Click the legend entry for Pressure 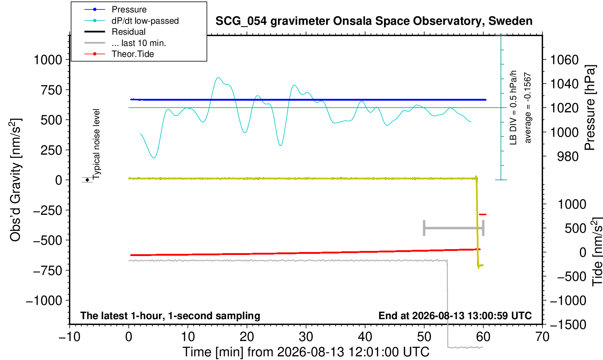point(129,9)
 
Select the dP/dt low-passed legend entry point(145,21)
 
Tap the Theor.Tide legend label point(133,54)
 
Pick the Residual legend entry point(128,32)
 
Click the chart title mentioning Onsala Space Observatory point(374,21)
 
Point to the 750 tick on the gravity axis point(51,90)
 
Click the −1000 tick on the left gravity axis point(44,300)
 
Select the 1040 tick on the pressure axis point(564,84)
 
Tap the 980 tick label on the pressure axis point(568,156)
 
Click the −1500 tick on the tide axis point(568,325)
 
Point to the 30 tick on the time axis point(306,337)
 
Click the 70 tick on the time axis point(542,337)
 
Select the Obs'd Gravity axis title point(15,180)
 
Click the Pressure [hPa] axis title point(590,108)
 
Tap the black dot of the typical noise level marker point(87,180)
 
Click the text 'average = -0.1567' point(527,108)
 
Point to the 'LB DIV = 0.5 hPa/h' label point(513,108)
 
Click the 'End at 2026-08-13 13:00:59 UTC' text point(455,316)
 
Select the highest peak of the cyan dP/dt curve point(218,78)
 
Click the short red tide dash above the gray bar point(483,214)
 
